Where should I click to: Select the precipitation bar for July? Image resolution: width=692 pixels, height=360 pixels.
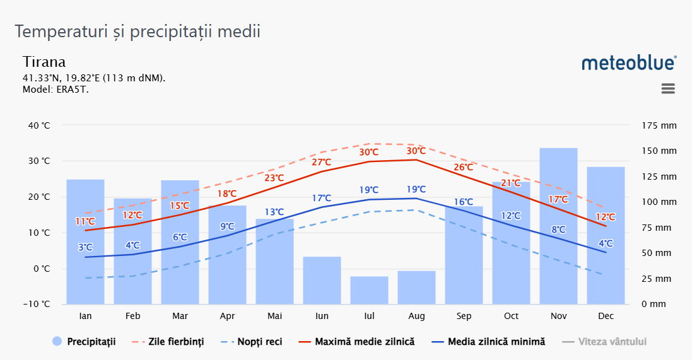pyautogui.click(x=369, y=290)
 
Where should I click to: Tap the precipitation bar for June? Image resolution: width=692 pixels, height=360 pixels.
pyautogui.click(x=322, y=280)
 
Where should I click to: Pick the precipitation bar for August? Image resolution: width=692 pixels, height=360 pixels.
pyautogui.click(x=416, y=287)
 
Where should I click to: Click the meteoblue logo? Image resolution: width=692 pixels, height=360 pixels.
pyautogui.click(x=629, y=62)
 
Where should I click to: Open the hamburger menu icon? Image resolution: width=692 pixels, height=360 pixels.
pyautogui.click(x=668, y=89)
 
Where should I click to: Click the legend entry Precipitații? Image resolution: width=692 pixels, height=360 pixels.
pyautogui.click(x=84, y=342)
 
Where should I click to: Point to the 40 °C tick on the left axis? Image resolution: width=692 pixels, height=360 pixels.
pyautogui.click(x=39, y=125)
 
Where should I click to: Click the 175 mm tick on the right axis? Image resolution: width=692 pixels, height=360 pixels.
pyautogui.click(x=659, y=125)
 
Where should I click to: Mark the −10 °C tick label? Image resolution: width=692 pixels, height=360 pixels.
pyautogui.click(x=38, y=305)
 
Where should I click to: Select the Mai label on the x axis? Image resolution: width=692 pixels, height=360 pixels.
pyautogui.click(x=274, y=316)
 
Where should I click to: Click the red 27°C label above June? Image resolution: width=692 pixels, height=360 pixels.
pyautogui.click(x=322, y=162)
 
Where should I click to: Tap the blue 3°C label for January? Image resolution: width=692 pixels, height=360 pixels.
pyautogui.click(x=85, y=247)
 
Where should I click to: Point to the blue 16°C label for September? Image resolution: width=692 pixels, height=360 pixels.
pyautogui.click(x=464, y=202)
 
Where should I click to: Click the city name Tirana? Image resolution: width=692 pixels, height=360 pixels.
pyautogui.click(x=44, y=62)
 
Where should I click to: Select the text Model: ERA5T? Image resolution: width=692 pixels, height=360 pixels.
pyautogui.click(x=56, y=89)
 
